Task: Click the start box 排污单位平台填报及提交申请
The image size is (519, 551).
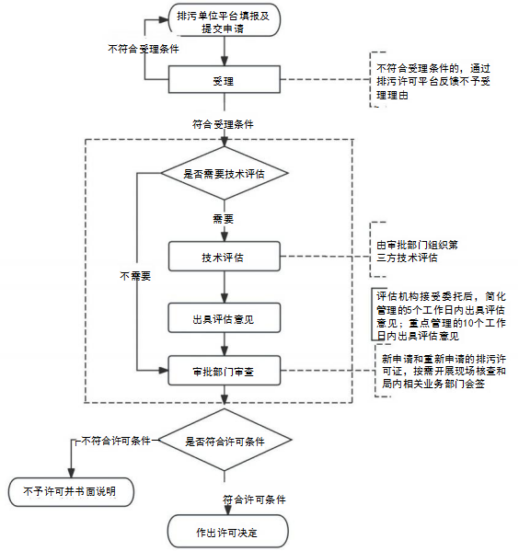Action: click(225, 20)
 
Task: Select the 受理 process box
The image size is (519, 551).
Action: click(225, 79)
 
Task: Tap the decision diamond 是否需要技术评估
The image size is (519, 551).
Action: click(225, 173)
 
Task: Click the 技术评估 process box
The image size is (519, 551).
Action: click(225, 256)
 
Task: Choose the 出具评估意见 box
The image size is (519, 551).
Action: click(225, 317)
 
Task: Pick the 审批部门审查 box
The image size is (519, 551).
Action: click(225, 371)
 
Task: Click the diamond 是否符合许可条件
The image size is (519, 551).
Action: click(225, 440)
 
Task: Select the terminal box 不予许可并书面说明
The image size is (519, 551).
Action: click(72, 491)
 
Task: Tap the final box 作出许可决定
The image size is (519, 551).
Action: click(227, 531)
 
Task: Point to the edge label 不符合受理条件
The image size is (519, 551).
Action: click(144, 49)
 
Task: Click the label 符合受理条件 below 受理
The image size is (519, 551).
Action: click(223, 124)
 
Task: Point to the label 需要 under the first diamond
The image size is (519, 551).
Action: click(224, 219)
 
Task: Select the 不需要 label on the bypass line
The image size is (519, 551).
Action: click(135, 276)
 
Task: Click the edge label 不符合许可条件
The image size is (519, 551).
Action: click(116, 441)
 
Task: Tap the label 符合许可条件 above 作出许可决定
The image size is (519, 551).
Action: click(254, 499)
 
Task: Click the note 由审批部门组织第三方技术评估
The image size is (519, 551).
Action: click(418, 251)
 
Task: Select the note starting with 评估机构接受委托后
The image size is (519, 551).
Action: click(442, 316)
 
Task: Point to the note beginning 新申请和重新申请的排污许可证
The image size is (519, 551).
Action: click(444, 371)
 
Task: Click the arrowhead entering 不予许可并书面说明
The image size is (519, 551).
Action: click(72, 473)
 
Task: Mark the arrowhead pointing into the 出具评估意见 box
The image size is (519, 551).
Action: click(225, 298)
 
